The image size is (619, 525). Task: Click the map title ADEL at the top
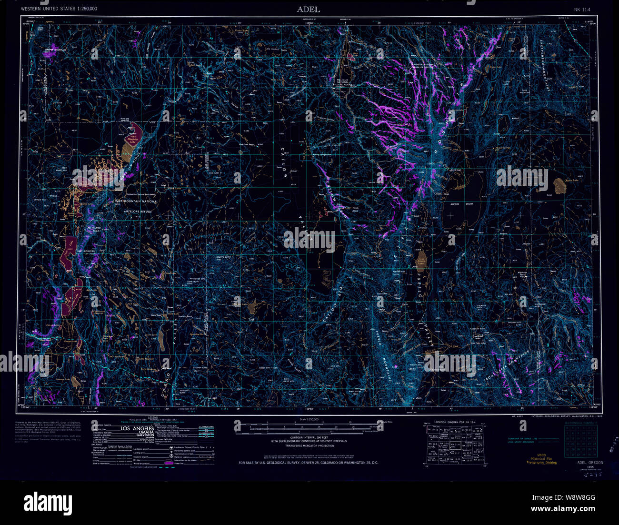309,9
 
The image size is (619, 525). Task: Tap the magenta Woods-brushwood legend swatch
169,463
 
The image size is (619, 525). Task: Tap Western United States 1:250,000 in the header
59,9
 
